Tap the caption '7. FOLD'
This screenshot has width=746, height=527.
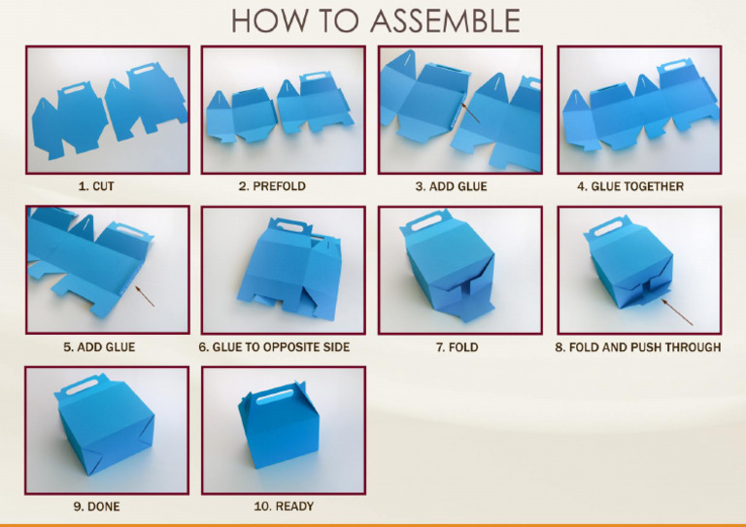click(457, 346)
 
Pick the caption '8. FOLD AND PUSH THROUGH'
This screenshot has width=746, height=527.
click(637, 346)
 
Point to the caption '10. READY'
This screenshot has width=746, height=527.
click(282, 506)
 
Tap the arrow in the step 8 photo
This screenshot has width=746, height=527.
click(678, 312)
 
